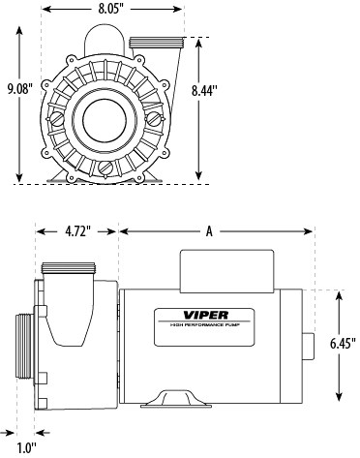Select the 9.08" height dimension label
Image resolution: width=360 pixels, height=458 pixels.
(x=20, y=89)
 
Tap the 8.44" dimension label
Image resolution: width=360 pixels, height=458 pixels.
(x=203, y=91)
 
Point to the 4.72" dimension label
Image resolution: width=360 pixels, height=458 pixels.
(x=77, y=231)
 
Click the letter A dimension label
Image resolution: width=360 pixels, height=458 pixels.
(x=210, y=231)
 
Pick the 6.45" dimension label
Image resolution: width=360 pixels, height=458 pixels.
(x=343, y=344)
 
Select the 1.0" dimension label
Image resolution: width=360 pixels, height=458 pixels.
(x=26, y=448)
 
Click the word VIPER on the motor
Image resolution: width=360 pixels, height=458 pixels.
(x=206, y=315)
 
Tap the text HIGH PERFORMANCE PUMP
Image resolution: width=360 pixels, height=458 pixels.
(x=204, y=325)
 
